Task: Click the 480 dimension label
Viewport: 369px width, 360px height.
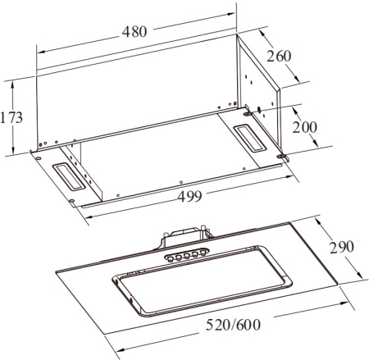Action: click(x=134, y=31)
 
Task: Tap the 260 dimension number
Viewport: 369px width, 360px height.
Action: click(x=279, y=56)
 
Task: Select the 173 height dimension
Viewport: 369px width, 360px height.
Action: click(x=11, y=117)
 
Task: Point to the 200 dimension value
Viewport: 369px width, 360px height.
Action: click(x=305, y=127)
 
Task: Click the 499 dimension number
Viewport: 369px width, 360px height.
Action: click(x=189, y=196)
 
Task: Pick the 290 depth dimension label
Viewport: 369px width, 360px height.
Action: click(x=342, y=247)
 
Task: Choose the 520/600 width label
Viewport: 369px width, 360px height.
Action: click(x=233, y=325)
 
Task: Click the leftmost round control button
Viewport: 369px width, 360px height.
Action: click(x=170, y=258)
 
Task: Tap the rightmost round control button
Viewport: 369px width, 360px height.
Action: click(x=203, y=253)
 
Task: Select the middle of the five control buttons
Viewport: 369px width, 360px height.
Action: click(x=187, y=256)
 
